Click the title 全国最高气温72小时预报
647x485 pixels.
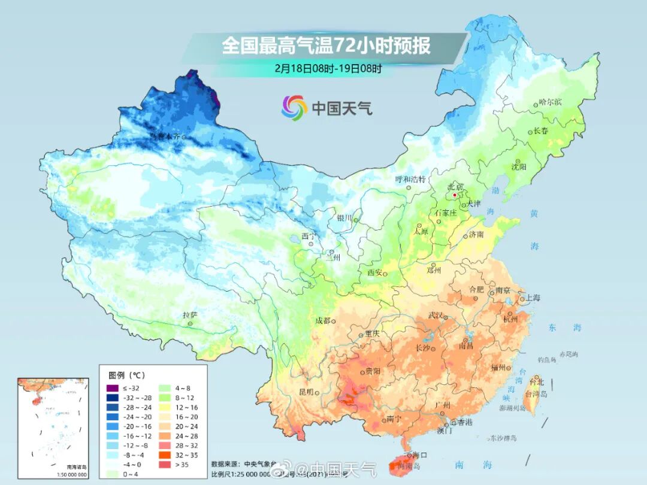(326, 46)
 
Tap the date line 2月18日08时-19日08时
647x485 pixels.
(328, 68)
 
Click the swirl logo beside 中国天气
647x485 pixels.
(294, 107)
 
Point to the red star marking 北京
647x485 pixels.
(455, 195)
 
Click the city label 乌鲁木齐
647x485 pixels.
(164, 137)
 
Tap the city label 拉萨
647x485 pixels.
(190, 315)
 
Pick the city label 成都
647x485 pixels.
(323, 320)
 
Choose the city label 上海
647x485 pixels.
(533, 298)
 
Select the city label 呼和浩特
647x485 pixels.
(410, 179)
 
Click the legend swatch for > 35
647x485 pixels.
(164, 464)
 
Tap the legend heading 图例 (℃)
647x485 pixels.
(126, 375)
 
